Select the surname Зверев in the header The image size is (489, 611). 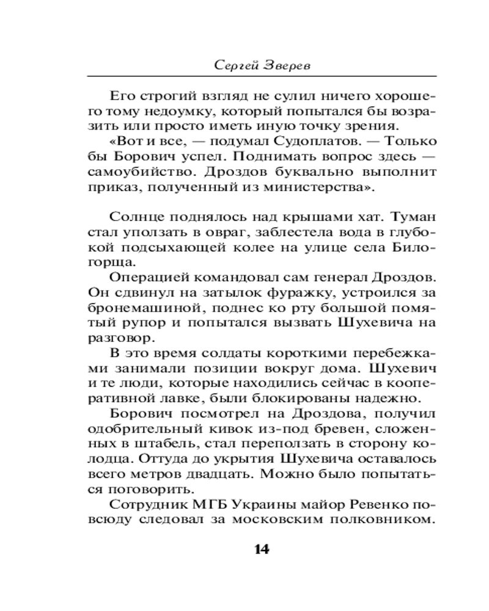pos(287,65)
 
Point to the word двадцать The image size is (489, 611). pos(230,475)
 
